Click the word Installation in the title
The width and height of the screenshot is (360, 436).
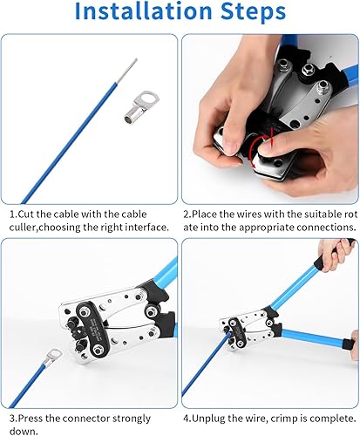144,11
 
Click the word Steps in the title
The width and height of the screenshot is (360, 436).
253,11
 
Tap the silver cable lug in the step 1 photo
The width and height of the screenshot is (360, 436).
141,107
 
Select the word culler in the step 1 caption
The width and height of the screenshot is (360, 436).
23,227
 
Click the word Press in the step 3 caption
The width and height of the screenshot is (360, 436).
31,419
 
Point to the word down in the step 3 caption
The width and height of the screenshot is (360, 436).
22,431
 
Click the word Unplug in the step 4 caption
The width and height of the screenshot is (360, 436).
209,419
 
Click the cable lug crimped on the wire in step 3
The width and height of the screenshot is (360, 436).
51,358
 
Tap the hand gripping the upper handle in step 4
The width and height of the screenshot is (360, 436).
334,255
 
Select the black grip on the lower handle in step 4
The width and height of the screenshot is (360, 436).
349,344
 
